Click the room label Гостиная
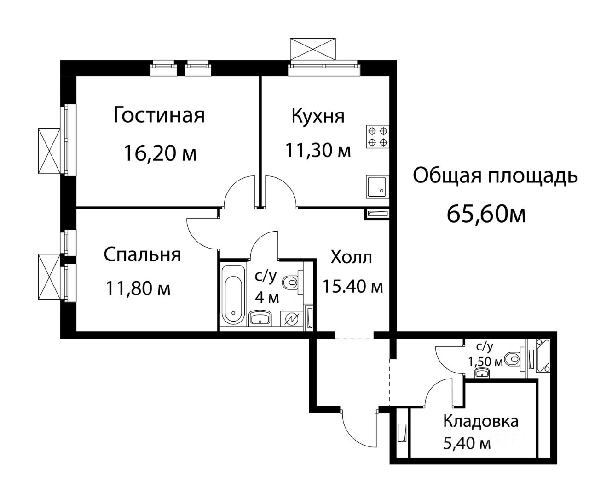pyautogui.click(x=159, y=115)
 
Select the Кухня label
pyautogui.click(x=318, y=116)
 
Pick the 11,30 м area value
pyautogui.click(x=318, y=150)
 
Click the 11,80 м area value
pyautogui.click(x=138, y=288)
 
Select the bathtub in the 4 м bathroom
pyautogui.click(x=232, y=294)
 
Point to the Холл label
pyautogui.click(x=351, y=258)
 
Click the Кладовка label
pyautogui.click(x=480, y=421)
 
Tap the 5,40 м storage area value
pyautogui.click(x=466, y=443)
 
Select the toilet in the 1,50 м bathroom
pyautogui.click(x=512, y=358)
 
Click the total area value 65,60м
pyautogui.click(x=486, y=214)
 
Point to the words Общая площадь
pyautogui.click(x=495, y=176)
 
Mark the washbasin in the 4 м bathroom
pyautogui.click(x=260, y=317)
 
